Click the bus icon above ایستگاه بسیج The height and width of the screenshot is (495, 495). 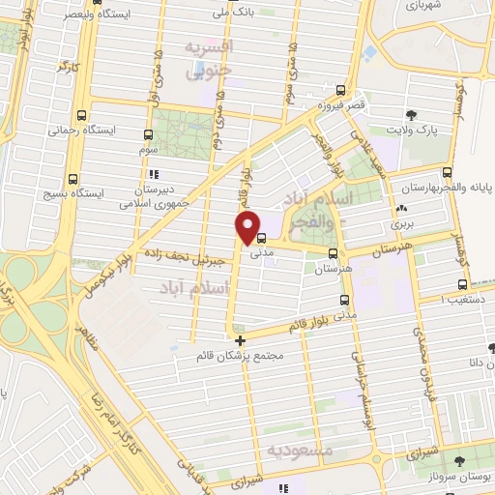click(x=73, y=178)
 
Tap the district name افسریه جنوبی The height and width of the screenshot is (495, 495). click(x=209, y=58)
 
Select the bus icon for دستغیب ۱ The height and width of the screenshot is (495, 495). click(x=461, y=284)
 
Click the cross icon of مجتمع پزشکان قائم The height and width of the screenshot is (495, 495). click(x=241, y=339)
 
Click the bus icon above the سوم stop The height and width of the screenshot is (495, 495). click(x=147, y=135)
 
